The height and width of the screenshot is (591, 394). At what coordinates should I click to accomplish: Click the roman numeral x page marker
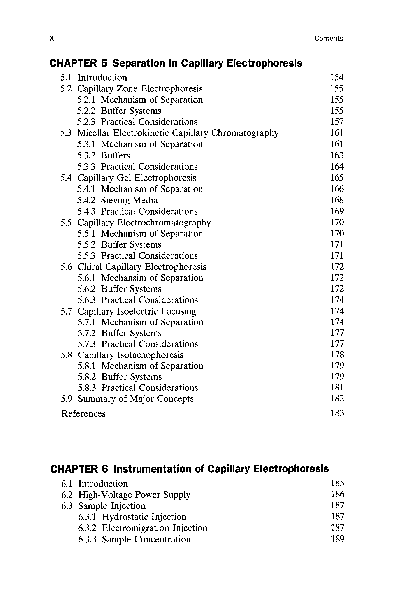click(x=52, y=39)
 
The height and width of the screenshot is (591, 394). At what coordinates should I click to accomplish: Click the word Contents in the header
click(x=329, y=39)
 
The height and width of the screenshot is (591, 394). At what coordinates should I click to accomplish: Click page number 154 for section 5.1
click(x=336, y=77)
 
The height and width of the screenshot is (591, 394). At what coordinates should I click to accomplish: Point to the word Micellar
click(x=93, y=133)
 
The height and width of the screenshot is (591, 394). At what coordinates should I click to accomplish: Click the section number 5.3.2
click(x=86, y=155)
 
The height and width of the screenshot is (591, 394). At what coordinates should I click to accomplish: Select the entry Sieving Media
click(x=129, y=200)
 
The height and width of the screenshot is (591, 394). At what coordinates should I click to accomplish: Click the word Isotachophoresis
click(x=150, y=355)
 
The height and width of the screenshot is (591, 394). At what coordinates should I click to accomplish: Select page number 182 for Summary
click(x=337, y=399)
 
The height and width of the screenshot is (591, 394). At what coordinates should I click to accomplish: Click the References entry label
click(x=83, y=414)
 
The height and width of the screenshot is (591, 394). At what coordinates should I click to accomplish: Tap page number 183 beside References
click(x=337, y=413)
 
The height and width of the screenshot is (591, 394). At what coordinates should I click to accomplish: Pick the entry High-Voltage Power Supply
click(x=134, y=494)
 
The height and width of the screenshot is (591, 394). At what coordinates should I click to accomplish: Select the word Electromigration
click(x=136, y=528)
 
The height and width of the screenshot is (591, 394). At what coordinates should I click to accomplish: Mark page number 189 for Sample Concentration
click(x=338, y=539)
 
